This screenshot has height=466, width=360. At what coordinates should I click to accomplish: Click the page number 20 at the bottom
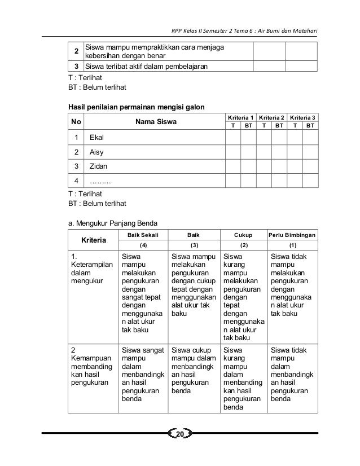(181, 434)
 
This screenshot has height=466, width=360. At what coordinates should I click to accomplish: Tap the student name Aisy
(97, 152)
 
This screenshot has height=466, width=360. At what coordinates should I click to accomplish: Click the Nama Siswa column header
(156, 121)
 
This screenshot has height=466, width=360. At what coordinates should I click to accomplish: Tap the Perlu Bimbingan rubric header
(292, 234)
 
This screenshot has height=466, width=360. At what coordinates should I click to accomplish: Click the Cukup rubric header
(244, 234)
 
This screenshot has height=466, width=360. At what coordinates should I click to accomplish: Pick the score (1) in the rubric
(292, 245)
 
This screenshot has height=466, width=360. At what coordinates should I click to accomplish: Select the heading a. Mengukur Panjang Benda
(112, 222)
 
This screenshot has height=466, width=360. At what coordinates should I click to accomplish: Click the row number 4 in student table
(76, 181)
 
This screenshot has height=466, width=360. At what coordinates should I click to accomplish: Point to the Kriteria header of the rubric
(94, 240)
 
